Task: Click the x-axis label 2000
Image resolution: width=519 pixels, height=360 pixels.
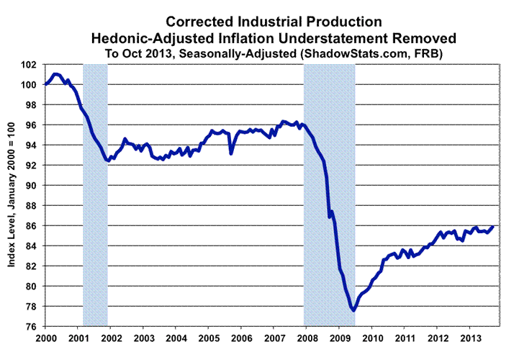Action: pyautogui.click(x=45, y=338)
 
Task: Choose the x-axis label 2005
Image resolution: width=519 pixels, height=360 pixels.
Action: pyautogui.click(x=209, y=338)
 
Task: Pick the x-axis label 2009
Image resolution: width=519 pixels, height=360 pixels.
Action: pyautogui.click(x=340, y=338)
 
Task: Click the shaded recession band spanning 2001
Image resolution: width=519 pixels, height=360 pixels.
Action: pyautogui.click(x=96, y=194)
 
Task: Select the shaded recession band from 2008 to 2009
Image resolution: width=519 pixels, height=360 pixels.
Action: pyautogui.click(x=330, y=194)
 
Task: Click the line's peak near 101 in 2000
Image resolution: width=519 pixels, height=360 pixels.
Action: pyautogui.click(x=57, y=74)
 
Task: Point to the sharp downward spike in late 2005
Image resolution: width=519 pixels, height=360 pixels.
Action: pyautogui.click(x=230, y=153)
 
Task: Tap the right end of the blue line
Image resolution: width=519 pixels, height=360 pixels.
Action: pyautogui.click(x=493, y=227)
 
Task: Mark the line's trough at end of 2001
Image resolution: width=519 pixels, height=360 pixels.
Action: pyautogui.click(x=108, y=161)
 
